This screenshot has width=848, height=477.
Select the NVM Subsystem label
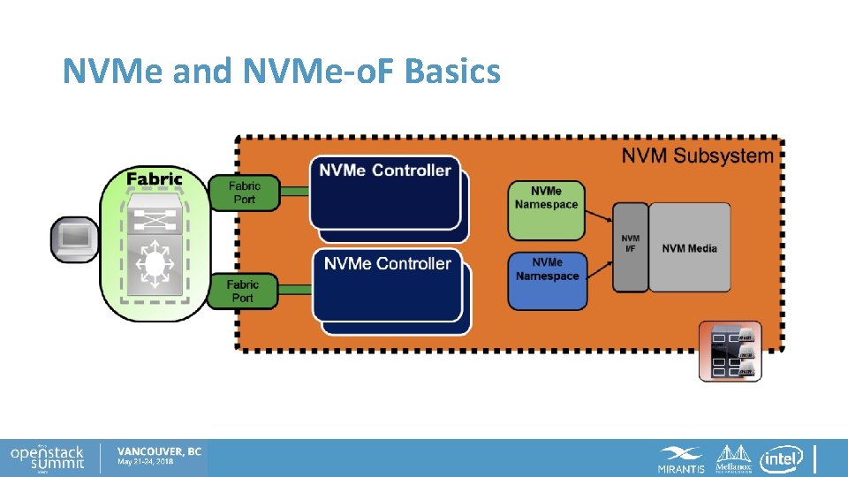point(697,156)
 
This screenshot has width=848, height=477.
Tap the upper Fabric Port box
point(244,193)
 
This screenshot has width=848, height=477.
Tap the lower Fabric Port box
point(242,291)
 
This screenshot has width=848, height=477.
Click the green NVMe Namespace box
point(546,210)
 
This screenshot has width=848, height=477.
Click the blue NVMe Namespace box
point(547,281)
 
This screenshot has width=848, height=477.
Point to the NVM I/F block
point(630,247)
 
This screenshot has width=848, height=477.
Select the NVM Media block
point(690,247)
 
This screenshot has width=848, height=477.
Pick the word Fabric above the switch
point(155,178)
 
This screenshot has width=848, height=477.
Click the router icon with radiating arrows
point(155,264)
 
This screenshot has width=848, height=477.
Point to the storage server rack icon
point(730,352)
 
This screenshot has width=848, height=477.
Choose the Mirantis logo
point(681,459)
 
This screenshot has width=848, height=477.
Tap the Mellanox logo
point(733,458)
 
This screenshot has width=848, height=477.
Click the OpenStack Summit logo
point(48,457)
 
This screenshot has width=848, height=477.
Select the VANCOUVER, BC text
point(159,451)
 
